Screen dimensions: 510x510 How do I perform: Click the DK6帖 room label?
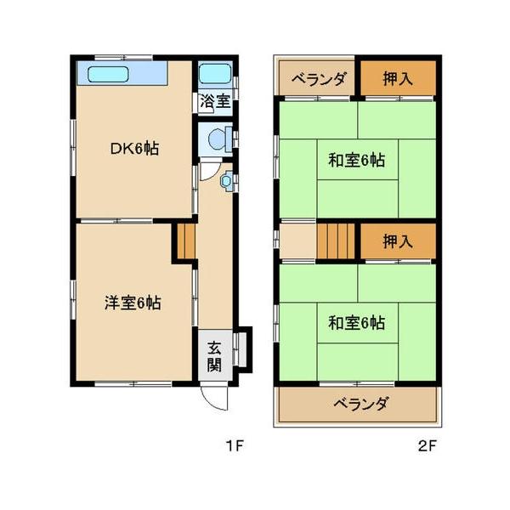pyautogui.click(x=134, y=149)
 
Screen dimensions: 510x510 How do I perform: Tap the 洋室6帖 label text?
pyautogui.click(x=133, y=303)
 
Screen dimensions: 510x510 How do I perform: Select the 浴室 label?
pyautogui.click(x=214, y=100)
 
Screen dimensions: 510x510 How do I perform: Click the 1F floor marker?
pyautogui.click(x=235, y=445)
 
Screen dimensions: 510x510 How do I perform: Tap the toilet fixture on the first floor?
pyautogui.click(x=216, y=138)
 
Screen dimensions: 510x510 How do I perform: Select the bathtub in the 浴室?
pyautogui.click(x=215, y=74)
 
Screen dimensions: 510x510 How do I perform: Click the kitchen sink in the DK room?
pyautogui.click(x=108, y=74)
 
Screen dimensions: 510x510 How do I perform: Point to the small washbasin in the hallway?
pyautogui.click(x=227, y=180)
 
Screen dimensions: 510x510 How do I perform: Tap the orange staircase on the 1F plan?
pyautogui.click(x=186, y=241)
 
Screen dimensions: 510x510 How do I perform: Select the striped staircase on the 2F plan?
pyautogui.click(x=336, y=241)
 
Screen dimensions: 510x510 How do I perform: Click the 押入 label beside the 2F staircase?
pyautogui.click(x=397, y=241)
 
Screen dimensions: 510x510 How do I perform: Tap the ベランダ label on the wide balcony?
pyautogui.click(x=360, y=404)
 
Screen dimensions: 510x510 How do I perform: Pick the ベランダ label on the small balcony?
pyautogui.click(x=318, y=80)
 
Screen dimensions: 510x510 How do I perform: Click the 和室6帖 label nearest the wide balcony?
pyautogui.click(x=357, y=323)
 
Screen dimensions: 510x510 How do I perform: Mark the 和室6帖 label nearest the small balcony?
pyautogui.click(x=357, y=161)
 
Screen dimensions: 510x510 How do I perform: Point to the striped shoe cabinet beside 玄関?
pyautogui.click(x=241, y=348)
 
